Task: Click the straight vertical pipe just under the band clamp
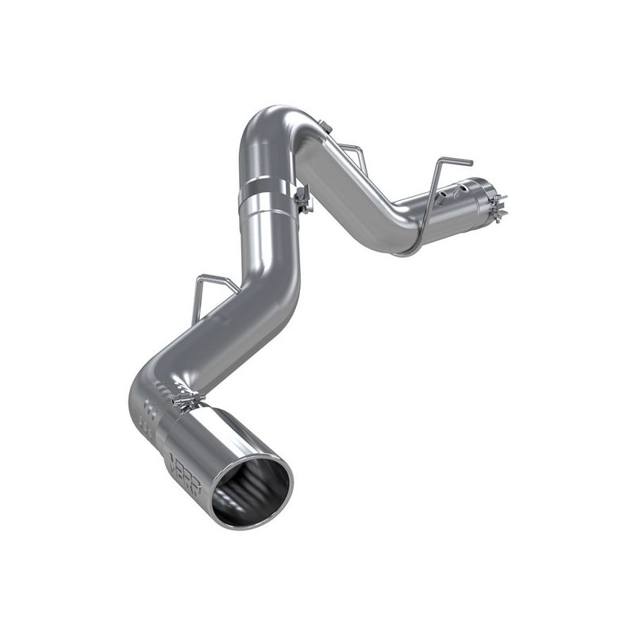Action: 269,238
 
